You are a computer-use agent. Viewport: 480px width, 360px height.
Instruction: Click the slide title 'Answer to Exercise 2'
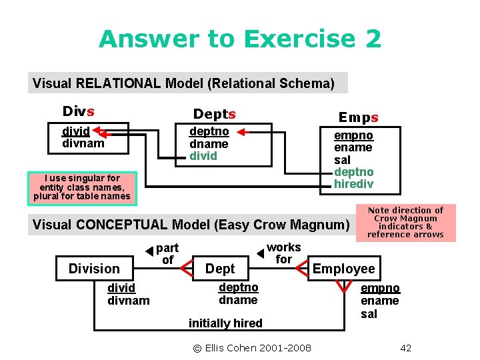(240, 39)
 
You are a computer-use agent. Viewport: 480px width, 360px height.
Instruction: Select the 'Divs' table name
(78, 111)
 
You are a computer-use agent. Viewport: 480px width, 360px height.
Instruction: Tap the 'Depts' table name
(214, 114)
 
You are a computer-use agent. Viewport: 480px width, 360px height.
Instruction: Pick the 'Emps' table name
(359, 117)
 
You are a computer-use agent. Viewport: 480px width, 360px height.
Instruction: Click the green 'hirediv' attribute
(353, 183)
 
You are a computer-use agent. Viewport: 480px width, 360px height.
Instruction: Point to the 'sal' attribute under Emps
(342, 159)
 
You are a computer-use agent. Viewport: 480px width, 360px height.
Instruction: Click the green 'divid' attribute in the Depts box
(203, 156)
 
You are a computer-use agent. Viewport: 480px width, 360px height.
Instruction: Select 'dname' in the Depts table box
(209, 144)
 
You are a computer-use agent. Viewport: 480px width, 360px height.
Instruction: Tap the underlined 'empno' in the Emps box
(353, 135)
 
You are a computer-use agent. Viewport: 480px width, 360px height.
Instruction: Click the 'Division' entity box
(94, 269)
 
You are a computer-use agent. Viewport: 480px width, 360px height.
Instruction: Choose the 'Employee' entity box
(344, 269)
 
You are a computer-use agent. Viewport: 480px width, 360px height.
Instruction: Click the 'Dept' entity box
(220, 269)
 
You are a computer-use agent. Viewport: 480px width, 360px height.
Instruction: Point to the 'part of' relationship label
(167, 254)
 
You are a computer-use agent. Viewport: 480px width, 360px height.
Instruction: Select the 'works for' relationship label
(284, 253)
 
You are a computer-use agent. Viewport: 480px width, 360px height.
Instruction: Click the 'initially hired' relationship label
(225, 323)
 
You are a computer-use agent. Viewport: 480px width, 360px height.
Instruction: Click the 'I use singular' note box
(82, 187)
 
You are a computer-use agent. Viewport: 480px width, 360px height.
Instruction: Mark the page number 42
(406, 347)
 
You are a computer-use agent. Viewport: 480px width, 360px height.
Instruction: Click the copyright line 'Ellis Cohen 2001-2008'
(252, 347)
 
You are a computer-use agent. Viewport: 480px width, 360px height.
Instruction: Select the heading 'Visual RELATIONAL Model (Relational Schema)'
(183, 83)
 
